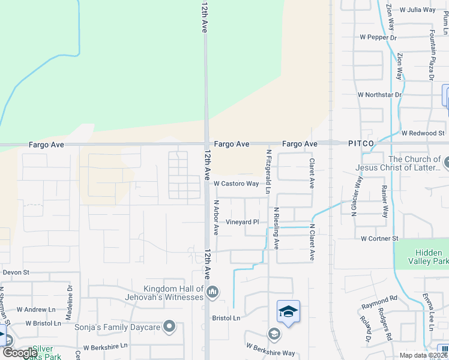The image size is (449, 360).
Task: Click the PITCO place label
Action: (x=361, y=144)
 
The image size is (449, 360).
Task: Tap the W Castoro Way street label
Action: (x=236, y=184)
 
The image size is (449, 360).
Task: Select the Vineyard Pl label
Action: (x=242, y=222)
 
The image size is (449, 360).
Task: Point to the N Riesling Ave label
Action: (x=276, y=229)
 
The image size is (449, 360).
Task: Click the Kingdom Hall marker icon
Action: (x=212, y=293)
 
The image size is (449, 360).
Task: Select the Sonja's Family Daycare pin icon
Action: (x=170, y=327)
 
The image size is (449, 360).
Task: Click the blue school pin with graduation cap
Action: (x=289, y=312)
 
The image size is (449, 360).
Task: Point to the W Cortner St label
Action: (x=379, y=239)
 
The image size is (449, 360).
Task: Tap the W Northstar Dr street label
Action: (x=379, y=95)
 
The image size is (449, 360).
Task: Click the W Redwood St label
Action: (x=423, y=133)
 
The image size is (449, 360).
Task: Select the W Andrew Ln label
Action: (x=39, y=310)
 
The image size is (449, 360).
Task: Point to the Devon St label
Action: (x=16, y=272)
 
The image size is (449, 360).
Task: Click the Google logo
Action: (x=20, y=353)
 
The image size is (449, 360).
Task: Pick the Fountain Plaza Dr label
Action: (x=431, y=55)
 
